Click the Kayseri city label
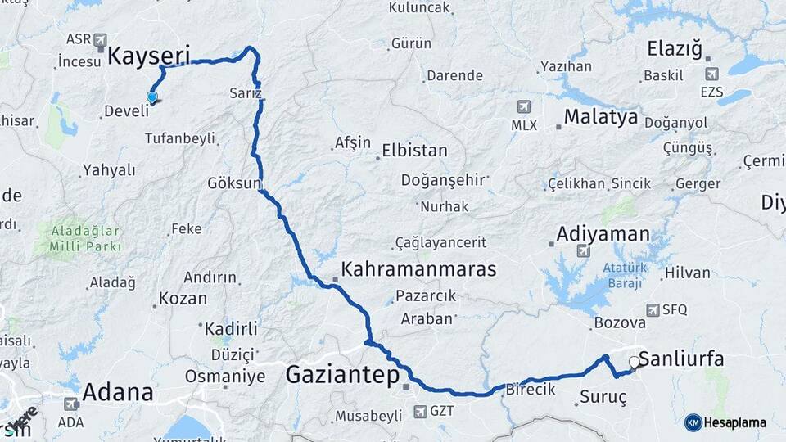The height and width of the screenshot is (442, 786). [x=148, y=56]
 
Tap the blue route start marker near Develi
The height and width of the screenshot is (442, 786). [x=151, y=97]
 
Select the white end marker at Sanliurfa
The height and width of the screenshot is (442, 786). [x=634, y=361]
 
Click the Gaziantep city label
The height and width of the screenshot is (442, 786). [x=342, y=375]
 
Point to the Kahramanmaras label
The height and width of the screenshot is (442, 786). [x=418, y=268]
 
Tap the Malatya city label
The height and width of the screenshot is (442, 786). [x=600, y=117]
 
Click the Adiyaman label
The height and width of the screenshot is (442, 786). [x=603, y=234]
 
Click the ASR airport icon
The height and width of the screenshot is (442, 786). [x=100, y=39]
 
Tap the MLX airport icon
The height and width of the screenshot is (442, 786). [x=524, y=107]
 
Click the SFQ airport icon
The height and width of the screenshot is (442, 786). [x=653, y=309]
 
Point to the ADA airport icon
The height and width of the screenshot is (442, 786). [x=71, y=404]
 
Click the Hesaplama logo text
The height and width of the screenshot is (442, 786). [x=725, y=422]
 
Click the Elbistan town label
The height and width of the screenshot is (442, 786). [x=414, y=151]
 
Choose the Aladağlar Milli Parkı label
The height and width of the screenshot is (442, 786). [x=85, y=238]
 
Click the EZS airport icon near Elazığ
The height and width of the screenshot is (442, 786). [x=708, y=74]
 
